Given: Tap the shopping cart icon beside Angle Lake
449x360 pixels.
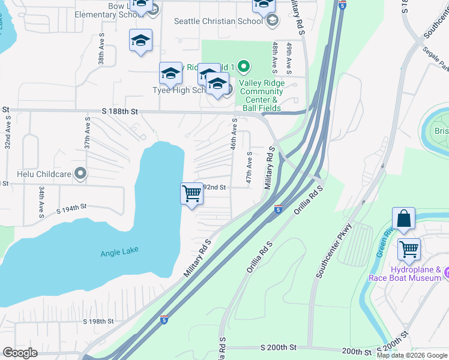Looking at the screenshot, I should pos(191,194).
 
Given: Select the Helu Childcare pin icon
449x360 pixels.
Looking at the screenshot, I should pos(80,174).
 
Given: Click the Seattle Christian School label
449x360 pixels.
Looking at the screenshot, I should pos(218,21).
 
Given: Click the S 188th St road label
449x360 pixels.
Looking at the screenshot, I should pos(119,112).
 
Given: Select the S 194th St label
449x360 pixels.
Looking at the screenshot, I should pos(72,208).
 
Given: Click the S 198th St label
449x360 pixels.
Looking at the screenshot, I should pos(98,322).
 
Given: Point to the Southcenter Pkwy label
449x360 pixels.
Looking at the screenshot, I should pos(333,251).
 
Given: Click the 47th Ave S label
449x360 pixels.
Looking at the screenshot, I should pos(248,168).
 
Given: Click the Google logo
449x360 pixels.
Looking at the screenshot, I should pos(20,353).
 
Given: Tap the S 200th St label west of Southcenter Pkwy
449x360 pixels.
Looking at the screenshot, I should pos(279,348).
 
